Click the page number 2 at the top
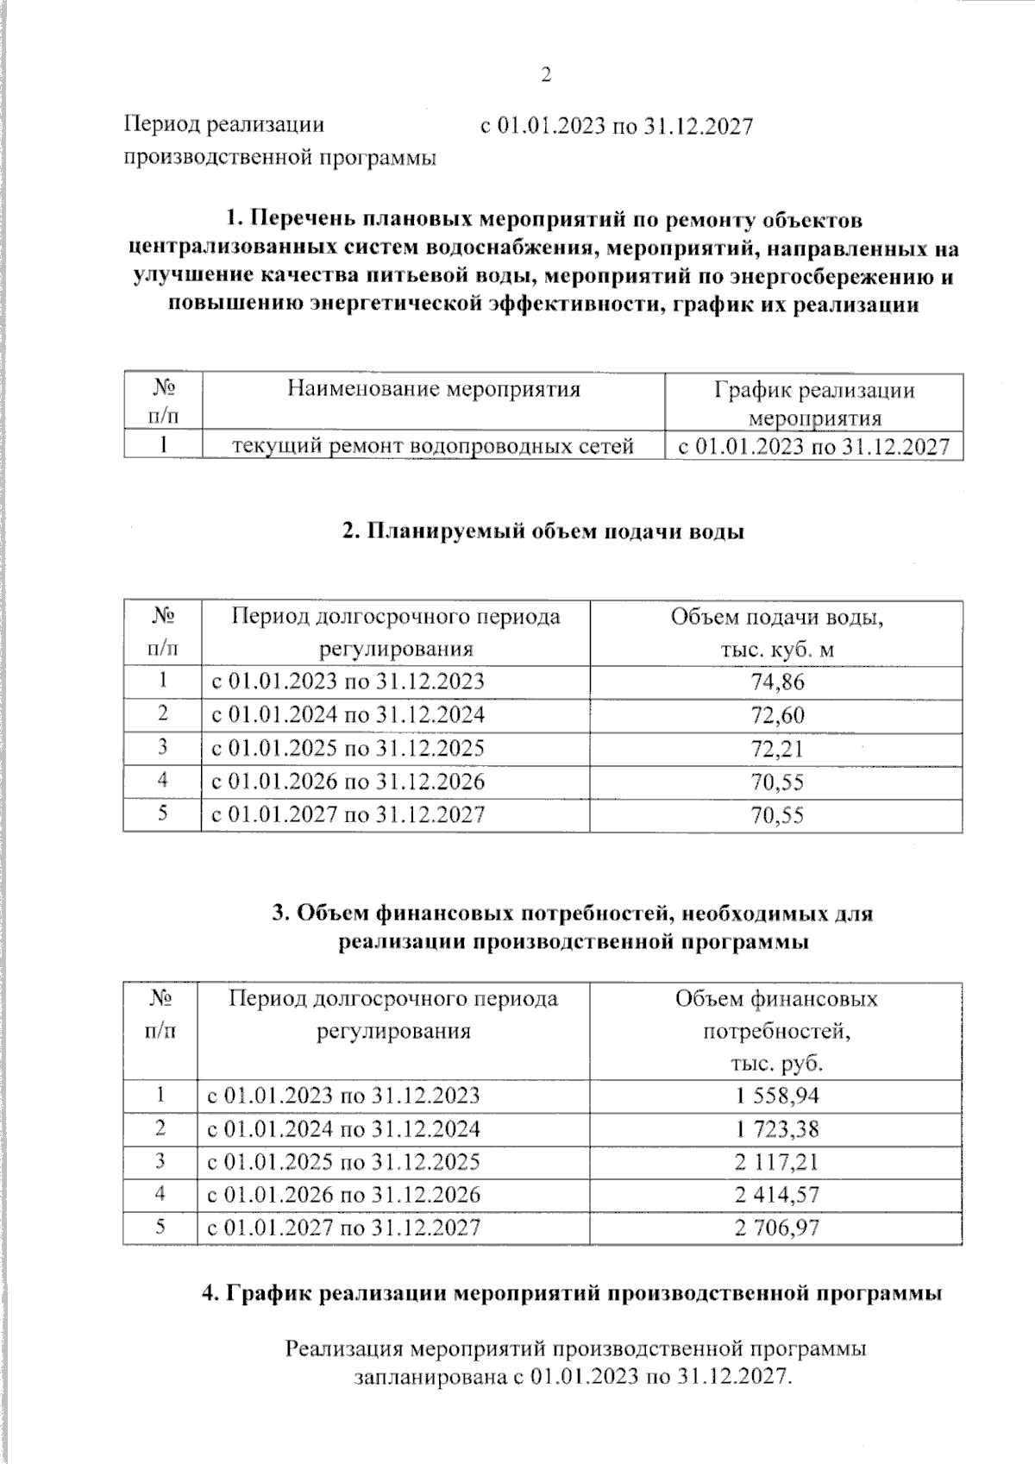click(544, 76)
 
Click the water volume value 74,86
click(777, 682)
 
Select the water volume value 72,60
click(777, 715)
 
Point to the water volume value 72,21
click(777, 748)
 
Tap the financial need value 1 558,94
click(777, 1096)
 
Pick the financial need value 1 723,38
click(777, 1129)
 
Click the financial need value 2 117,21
click(777, 1162)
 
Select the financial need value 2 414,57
click(777, 1195)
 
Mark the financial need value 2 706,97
click(777, 1228)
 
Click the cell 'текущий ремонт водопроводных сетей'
click(434, 446)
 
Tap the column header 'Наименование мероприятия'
click(434, 389)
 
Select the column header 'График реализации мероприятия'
click(814, 404)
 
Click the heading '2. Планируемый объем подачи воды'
click(543, 531)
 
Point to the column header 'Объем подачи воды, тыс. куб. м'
click(777, 633)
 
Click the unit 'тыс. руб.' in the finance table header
click(777, 1063)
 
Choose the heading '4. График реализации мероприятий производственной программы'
click(571, 1293)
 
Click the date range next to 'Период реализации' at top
click(617, 127)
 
